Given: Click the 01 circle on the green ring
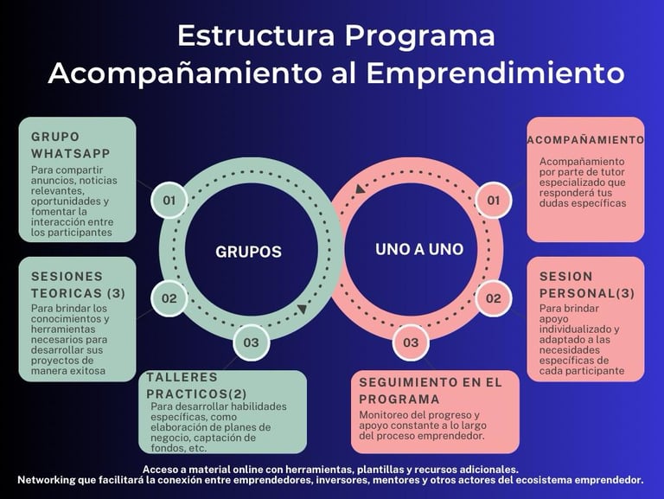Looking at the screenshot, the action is [169, 201].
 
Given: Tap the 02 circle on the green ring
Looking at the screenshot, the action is [169, 299].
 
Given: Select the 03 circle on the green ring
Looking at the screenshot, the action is [251, 342].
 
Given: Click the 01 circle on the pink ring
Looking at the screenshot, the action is [494, 201].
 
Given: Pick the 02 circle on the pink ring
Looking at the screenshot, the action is [494, 299].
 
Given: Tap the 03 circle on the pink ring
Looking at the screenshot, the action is [411, 342].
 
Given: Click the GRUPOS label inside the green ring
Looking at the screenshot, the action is [248, 253].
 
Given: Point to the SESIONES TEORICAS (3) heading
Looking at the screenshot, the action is [78, 285].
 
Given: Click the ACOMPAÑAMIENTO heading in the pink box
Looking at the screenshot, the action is [585, 139].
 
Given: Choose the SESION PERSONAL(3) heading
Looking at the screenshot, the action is [586, 285].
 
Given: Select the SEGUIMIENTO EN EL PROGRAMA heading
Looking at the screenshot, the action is [429, 390].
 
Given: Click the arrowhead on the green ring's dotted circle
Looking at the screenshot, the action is [301, 309].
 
